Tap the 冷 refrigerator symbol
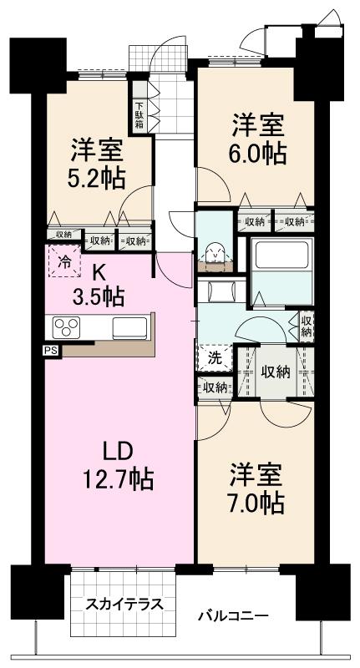tap(65, 261)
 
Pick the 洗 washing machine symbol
tap(215, 359)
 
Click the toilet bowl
tap(215, 253)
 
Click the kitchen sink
tap(129, 326)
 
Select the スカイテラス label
tap(124, 604)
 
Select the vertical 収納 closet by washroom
tap(306, 326)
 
